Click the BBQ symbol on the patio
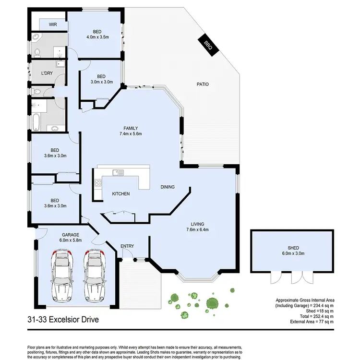tap(207, 45)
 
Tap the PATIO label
tap(203, 84)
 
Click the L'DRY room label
tap(47, 73)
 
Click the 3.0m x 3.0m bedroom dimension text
tap(101, 82)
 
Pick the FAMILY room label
tap(131, 128)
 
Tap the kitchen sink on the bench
tap(117, 172)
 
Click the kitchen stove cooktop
tap(98, 182)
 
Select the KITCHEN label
tap(120, 194)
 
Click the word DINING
tap(168, 187)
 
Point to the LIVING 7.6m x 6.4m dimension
tap(197, 229)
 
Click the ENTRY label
tap(127, 246)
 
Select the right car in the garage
tap(95, 276)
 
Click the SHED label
tap(293, 248)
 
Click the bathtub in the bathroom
tap(36, 123)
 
